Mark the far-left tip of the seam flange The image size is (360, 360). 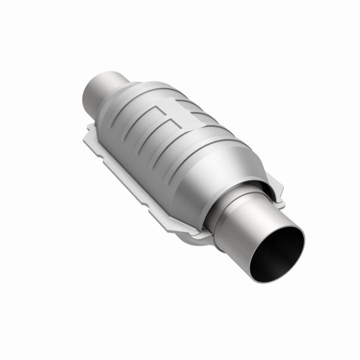[x=86, y=132]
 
